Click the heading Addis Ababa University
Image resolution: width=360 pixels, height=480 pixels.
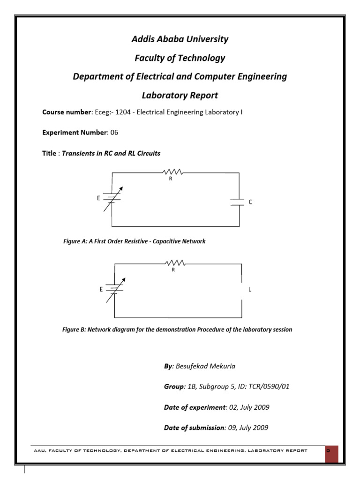pos(180,39)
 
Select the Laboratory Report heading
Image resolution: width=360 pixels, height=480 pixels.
pos(180,95)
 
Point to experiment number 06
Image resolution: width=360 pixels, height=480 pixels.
pos(114,133)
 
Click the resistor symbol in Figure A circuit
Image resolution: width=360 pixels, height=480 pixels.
pos(171,173)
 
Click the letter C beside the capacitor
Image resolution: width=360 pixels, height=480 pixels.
pos(250,202)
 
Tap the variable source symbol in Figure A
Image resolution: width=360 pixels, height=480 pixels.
pos(112,199)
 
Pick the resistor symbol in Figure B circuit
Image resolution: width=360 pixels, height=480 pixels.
pos(174,264)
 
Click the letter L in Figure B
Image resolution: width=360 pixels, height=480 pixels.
pos(250,289)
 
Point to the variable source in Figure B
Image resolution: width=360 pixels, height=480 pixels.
pos(115,289)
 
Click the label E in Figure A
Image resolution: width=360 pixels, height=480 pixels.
pos(98,198)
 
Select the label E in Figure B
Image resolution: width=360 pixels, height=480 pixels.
pos(101,289)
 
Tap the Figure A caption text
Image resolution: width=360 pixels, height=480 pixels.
pos(134,241)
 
